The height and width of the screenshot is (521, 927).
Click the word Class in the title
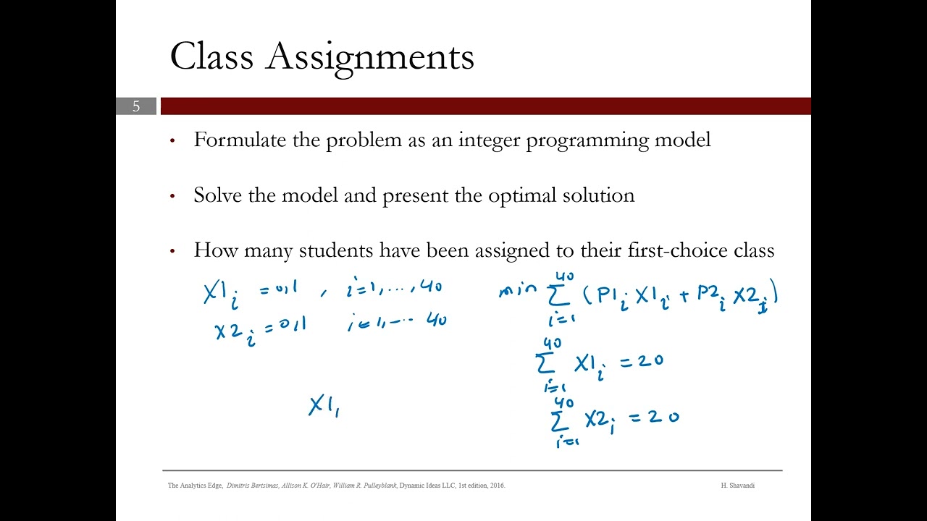[211, 56]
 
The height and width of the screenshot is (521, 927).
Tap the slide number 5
[135, 106]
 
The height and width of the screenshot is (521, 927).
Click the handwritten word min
[518, 291]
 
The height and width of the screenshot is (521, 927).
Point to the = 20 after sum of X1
[640, 360]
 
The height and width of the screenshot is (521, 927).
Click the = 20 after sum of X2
[655, 417]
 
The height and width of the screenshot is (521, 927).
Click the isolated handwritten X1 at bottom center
[324, 406]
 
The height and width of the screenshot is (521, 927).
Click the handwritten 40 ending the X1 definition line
[430, 287]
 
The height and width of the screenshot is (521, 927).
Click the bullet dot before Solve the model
[172, 196]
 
